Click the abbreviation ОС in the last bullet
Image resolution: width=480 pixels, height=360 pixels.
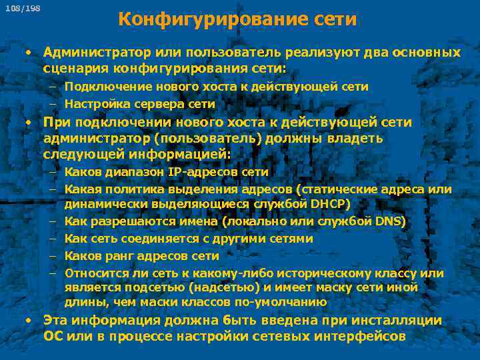tap(54, 336)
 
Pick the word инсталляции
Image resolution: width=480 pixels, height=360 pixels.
tap(393, 321)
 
